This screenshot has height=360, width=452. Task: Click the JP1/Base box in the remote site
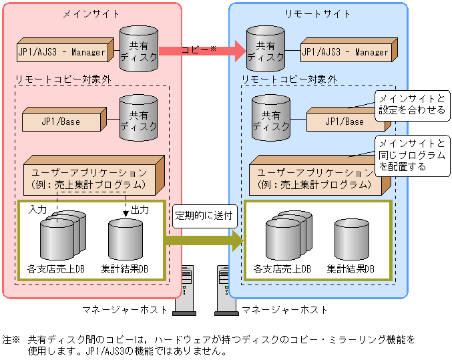coord(344,122)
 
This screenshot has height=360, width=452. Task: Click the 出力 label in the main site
coord(140,209)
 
